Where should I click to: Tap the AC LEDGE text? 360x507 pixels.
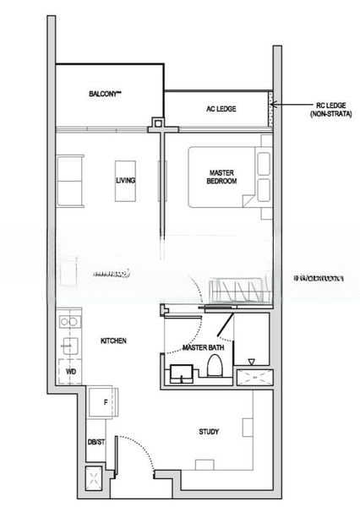(x=221, y=109)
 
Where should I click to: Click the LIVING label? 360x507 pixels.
(x=126, y=181)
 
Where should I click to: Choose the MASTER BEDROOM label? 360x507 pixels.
(x=221, y=177)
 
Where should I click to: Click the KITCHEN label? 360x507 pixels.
(x=113, y=341)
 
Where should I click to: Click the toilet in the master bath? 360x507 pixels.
(x=215, y=366)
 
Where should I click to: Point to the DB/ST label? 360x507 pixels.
(x=95, y=442)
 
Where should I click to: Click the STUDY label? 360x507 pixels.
(x=209, y=432)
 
